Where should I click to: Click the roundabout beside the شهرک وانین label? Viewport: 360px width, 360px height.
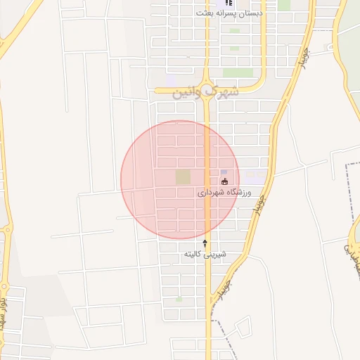point(209,90)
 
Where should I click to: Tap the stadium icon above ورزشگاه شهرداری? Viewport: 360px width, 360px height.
point(224,181)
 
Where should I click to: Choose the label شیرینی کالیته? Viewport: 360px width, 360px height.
point(205,253)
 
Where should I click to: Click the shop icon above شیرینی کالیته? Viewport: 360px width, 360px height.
point(205,243)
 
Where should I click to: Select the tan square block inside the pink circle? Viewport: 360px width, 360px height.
point(183,176)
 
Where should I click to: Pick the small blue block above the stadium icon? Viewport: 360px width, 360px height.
point(224,172)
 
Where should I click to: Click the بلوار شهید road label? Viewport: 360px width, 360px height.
point(4,313)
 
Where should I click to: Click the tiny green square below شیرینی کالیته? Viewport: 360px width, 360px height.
point(179,300)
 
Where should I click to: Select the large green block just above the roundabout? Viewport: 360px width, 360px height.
point(238,72)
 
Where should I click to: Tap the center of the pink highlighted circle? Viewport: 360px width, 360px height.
point(180,180)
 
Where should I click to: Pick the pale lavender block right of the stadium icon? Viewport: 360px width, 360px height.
point(256,173)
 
